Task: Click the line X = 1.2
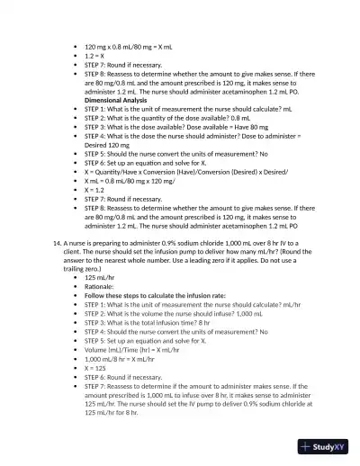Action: [x=97, y=191]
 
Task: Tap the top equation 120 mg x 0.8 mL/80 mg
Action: [x=134, y=45]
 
